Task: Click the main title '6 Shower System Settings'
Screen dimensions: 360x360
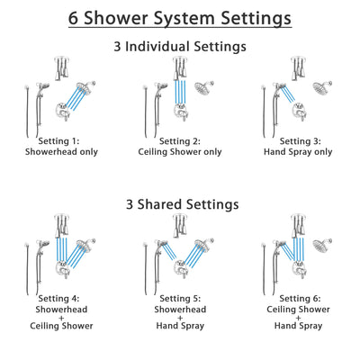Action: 180,17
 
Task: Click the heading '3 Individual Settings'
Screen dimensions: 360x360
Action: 180,46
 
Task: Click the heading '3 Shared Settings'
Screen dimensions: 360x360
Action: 180,204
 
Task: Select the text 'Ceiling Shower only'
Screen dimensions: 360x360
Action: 180,152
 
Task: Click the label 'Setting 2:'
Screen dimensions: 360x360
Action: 180,140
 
